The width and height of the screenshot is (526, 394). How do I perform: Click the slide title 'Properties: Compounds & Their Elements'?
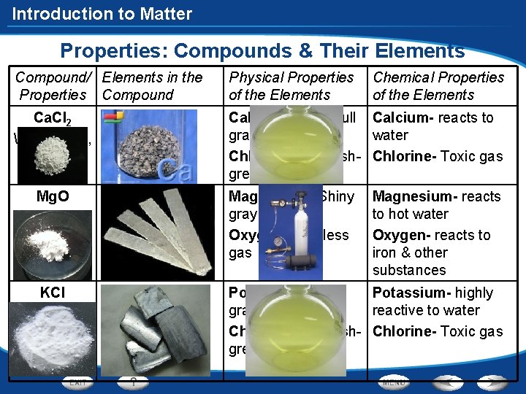pyautogui.click(x=262, y=51)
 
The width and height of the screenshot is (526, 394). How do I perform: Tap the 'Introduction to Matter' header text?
pyautogui.click(x=102, y=13)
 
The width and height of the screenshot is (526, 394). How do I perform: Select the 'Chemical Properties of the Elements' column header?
pyautogui.click(x=438, y=86)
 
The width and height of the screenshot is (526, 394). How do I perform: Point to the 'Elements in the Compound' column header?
pyautogui.click(x=152, y=86)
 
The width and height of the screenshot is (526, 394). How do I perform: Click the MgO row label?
pyautogui.click(x=53, y=197)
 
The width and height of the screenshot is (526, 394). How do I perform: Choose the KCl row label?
pyautogui.click(x=53, y=293)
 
